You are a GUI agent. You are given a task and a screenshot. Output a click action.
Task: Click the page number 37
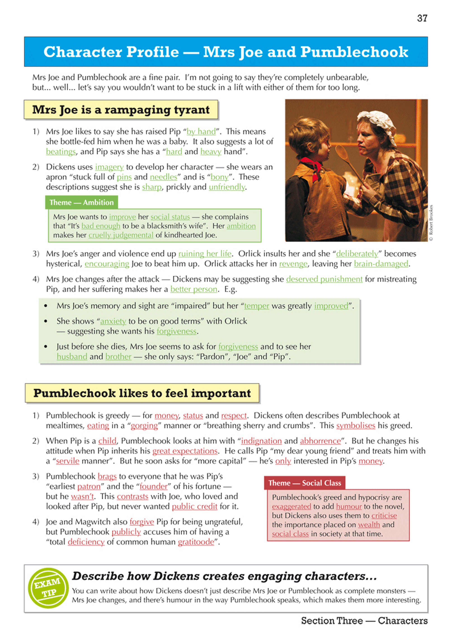click(x=422, y=18)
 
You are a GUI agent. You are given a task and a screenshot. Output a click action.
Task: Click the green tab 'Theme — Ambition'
click(x=82, y=202)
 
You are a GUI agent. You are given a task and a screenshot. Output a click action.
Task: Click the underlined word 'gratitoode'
click(x=196, y=542)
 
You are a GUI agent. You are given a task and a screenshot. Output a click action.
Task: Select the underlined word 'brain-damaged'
click(x=381, y=263)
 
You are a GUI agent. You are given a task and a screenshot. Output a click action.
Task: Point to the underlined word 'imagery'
click(x=109, y=167)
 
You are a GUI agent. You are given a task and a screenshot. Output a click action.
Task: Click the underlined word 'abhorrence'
click(x=320, y=441)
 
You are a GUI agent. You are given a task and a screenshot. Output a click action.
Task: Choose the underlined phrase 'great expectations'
click(x=185, y=451)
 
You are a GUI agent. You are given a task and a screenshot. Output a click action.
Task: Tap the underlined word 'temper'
click(x=257, y=306)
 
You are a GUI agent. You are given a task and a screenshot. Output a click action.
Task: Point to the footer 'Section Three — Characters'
click(x=364, y=621)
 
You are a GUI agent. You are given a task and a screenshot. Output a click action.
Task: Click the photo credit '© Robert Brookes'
click(x=431, y=223)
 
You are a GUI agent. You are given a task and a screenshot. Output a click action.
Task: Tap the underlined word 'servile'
click(x=68, y=461)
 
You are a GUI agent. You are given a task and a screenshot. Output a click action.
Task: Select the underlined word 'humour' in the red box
click(x=349, y=506)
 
